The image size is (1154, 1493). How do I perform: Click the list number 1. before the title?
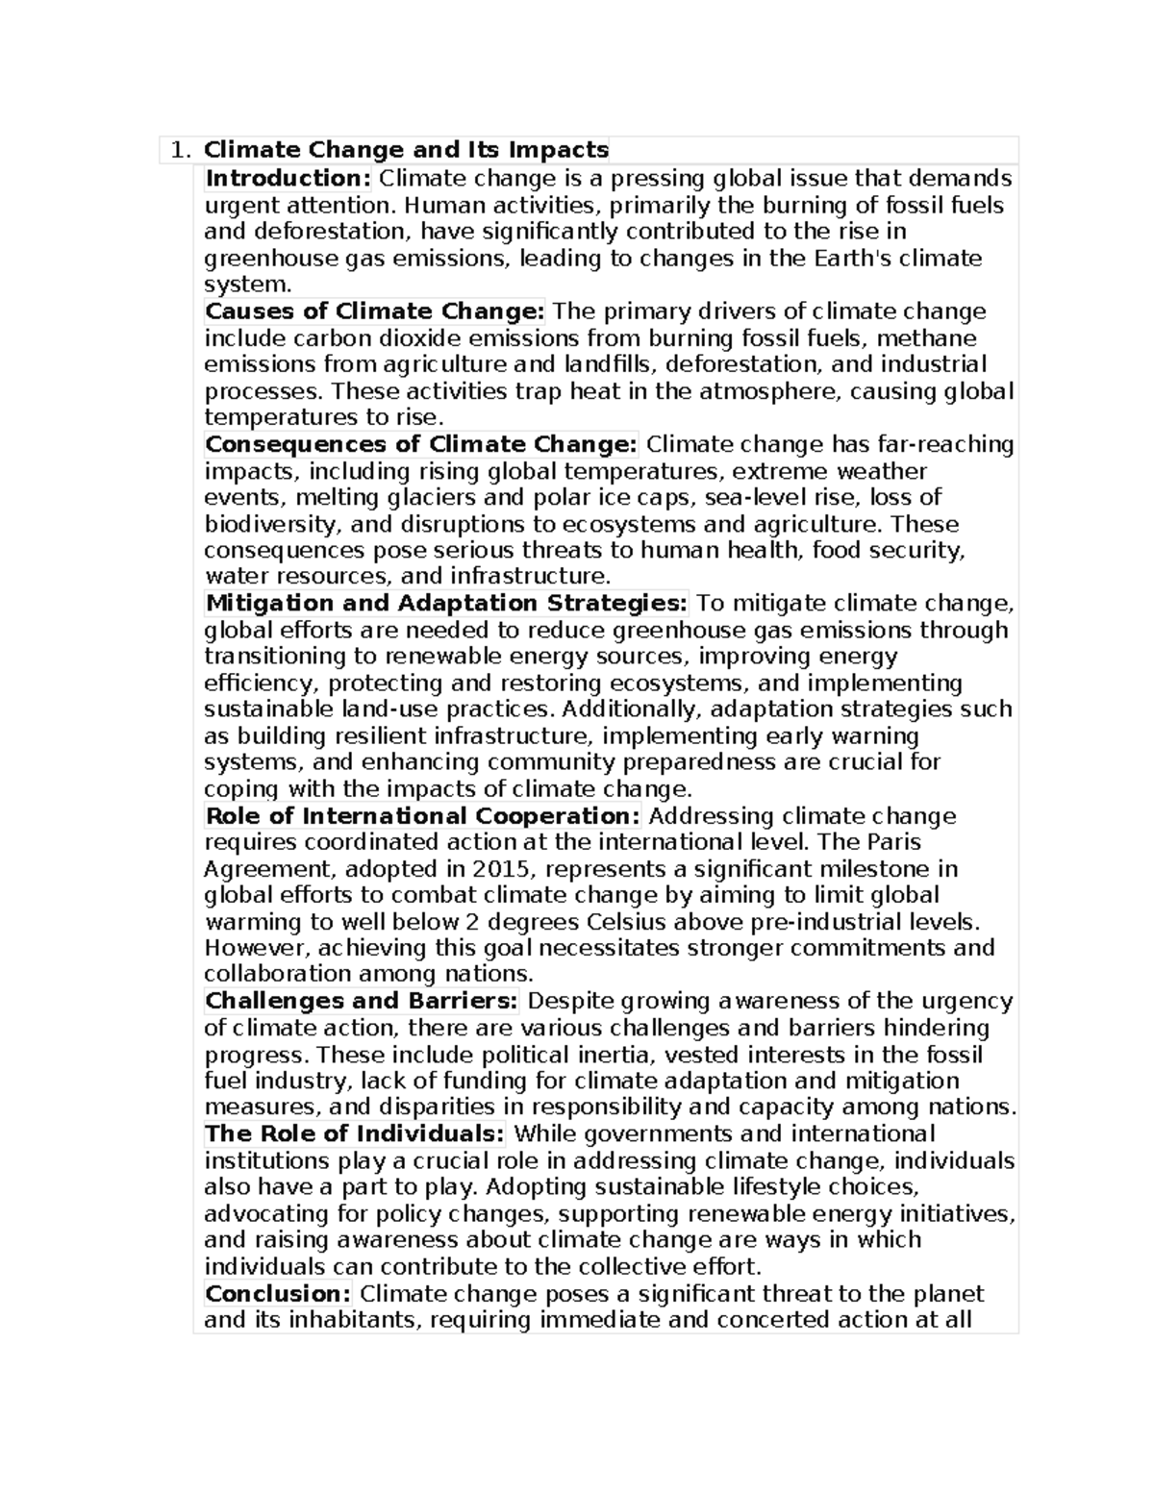click(180, 150)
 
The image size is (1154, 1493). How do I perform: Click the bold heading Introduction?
click(288, 178)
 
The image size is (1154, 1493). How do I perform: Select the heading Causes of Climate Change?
click(375, 311)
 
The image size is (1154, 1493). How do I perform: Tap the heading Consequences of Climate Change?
click(421, 444)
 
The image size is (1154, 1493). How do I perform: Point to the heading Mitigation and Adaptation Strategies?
click(446, 604)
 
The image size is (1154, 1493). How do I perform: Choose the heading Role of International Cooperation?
click(423, 816)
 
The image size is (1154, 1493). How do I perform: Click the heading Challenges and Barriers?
click(362, 1001)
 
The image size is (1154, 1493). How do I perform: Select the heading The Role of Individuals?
click(355, 1134)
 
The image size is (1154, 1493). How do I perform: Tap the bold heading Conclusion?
click(278, 1293)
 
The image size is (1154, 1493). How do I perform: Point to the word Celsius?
click(633, 922)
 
